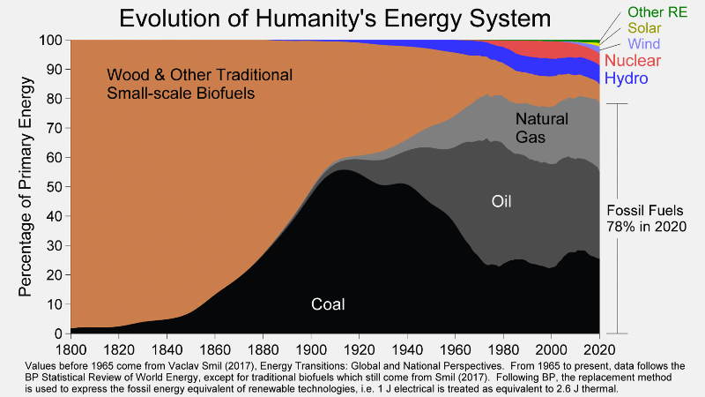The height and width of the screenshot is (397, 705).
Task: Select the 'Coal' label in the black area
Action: point(328,304)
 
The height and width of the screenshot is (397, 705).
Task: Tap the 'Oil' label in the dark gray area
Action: point(501,202)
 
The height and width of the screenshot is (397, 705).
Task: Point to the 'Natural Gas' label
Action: point(542,128)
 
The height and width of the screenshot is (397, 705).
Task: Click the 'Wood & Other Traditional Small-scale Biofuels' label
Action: point(199,83)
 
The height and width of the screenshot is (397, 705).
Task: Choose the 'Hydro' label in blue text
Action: point(627,79)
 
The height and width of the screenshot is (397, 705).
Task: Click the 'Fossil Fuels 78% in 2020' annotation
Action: point(648,218)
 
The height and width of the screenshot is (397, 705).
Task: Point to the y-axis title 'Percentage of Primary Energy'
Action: point(27,186)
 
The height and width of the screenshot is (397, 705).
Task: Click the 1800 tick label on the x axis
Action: point(70,348)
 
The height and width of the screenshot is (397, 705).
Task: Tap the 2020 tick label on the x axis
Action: point(599,348)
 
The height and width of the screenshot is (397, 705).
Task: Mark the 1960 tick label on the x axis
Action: point(455,348)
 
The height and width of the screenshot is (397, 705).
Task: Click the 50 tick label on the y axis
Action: point(54,187)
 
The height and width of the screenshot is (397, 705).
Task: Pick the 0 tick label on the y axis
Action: point(58,333)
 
